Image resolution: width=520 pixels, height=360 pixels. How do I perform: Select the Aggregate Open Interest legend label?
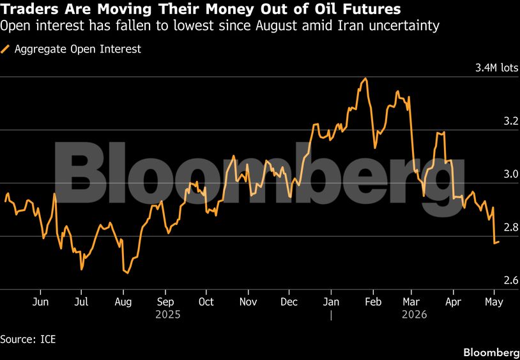click(x=78, y=49)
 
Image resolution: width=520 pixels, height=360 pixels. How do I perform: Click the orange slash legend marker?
click(x=5, y=49)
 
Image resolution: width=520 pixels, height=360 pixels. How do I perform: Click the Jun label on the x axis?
click(x=40, y=302)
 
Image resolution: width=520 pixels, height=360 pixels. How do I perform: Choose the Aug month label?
click(x=123, y=302)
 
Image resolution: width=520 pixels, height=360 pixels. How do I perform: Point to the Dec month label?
click(x=289, y=302)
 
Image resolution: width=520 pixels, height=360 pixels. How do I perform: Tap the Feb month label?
click(x=373, y=302)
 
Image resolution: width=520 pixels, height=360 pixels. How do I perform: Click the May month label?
click(x=494, y=302)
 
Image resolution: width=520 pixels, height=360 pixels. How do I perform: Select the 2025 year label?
click(x=168, y=315)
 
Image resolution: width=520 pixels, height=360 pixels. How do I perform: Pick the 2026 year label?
click(x=414, y=315)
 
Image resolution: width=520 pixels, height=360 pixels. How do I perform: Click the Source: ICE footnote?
click(x=28, y=340)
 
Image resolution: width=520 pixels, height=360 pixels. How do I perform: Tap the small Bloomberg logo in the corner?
click(x=491, y=352)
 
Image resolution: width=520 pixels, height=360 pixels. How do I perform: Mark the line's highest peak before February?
click(x=365, y=79)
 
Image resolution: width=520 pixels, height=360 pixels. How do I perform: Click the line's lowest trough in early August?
click(x=128, y=273)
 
